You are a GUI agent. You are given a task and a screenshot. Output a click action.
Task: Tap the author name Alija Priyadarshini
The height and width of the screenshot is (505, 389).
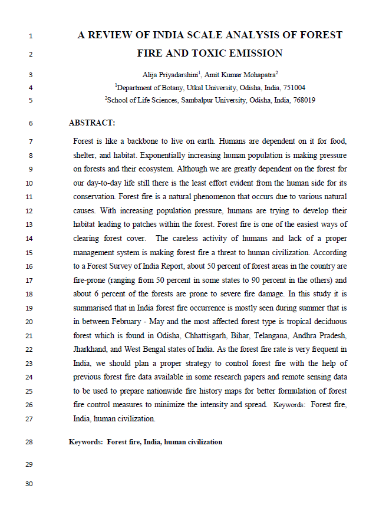[170, 74]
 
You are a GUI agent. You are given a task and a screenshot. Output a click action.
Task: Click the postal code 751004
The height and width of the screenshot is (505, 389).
[294, 87]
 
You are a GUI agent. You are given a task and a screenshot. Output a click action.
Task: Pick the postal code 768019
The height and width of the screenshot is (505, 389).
[304, 100]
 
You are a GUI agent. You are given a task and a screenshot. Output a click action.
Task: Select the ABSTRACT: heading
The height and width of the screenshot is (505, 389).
[92, 123]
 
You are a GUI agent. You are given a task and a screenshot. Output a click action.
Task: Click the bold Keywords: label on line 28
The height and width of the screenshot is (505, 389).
[86, 441]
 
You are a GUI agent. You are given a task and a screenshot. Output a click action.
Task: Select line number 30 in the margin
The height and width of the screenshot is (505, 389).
[29, 484]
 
